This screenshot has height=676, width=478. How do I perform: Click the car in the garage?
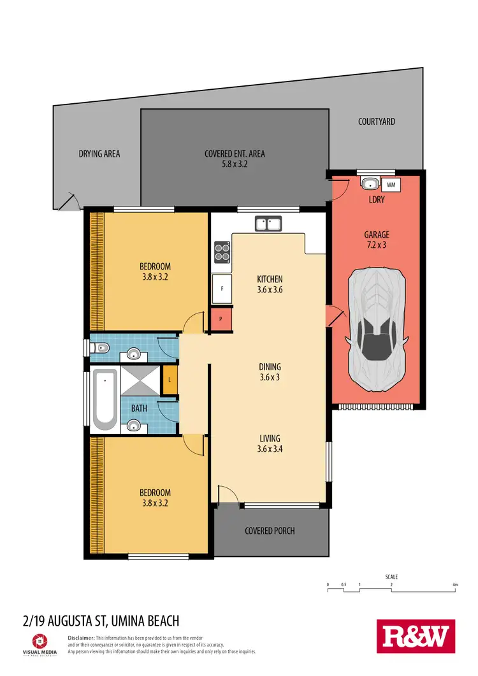click(x=376, y=329)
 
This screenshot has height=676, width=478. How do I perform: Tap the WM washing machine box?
click(x=391, y=185)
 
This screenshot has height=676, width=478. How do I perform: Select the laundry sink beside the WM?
click(x=369, y=185)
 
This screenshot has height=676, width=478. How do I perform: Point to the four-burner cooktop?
click(x=222, y=252)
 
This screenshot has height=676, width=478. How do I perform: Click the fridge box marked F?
click(x=221, y=289)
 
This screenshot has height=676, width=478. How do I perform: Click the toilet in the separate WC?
click(x=100, y=347)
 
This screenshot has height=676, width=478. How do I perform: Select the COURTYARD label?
click(x=376, y=121)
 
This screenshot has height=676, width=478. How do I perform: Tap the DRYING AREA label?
click(x=99, y=154)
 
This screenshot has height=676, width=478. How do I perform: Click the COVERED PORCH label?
click(x=270, y=530)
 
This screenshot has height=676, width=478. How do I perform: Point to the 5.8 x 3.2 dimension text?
click(x=234, y=164)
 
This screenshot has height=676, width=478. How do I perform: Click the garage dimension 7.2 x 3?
click(x=376, y=245)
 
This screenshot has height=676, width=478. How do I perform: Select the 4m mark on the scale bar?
click(x=454, y=584)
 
